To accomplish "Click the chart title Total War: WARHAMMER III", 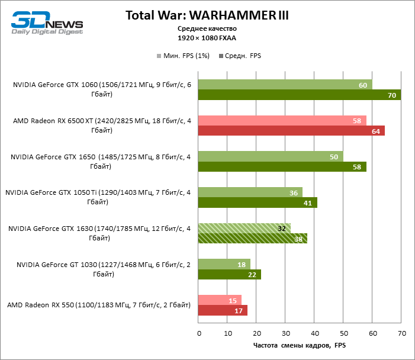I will click(207, 15).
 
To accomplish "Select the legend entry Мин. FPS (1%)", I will click(184, 56).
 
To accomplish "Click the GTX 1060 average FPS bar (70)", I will click(299, 95).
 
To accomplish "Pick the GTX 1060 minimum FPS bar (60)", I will click(285, 85).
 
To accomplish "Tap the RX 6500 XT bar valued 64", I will click(291, 131).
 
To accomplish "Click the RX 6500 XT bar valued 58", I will click(282, 121).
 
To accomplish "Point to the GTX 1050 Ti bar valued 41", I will click(258, 202).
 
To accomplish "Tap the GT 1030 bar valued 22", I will click(229, 274).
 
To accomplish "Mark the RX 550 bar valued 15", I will click(220, 300).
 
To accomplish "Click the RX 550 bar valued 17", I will click(223, 310).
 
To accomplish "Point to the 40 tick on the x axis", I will click(314, 333).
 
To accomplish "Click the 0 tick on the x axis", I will click(199, 333).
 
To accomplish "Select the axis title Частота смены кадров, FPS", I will click(299, 346).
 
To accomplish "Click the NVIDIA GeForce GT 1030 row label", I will click(104, 269).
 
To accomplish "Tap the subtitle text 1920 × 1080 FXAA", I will click(207, 37).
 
